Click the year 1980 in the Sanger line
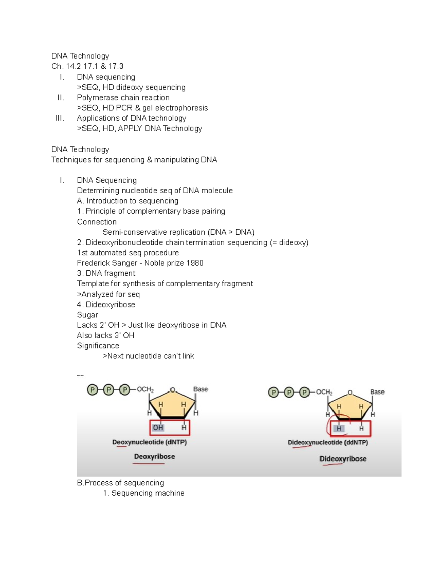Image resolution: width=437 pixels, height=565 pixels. pyautogui.click(x=195, y=263)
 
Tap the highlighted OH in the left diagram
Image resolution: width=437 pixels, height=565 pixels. pyautogui.click(x=158, y=428)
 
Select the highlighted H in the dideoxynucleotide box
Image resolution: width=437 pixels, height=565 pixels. pyautogui.click(x=339, y=429)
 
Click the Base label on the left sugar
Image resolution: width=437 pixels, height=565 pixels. pyautogui.click(x=200, y=389)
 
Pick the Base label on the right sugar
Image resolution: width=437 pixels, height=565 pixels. pyautogui.click(x=377, y=392)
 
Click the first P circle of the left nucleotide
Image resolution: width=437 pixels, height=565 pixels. pyautogui.click(x=92, y=390)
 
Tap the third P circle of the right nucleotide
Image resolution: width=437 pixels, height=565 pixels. pyautogui.click(x=304, y=393)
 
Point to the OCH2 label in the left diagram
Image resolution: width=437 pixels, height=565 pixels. pyautogui.click(x=145, y=390)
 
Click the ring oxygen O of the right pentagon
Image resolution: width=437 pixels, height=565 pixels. pyautogui.click(x=350, y=393)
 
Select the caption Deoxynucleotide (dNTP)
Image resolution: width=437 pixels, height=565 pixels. pyautogui.click(x=149, y=442)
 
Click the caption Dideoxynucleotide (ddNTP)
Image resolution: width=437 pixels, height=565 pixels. pyautogui.click(x=328, y=443)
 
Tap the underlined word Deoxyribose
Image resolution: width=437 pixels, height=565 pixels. pyautogui.click(x=154, y=457)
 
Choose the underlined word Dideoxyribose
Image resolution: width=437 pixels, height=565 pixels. pyautogui.click(x=343, y=459)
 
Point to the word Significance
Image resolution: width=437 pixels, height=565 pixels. pyautogui.click(x=98, y=346)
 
